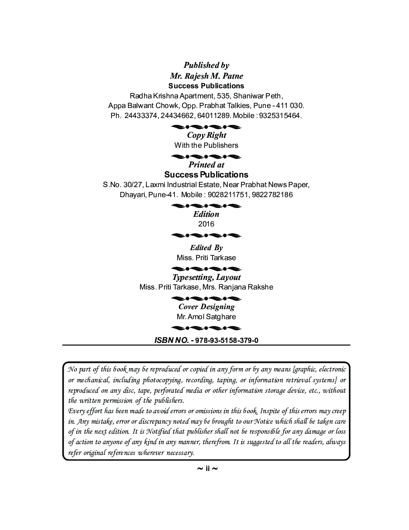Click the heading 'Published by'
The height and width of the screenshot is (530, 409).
(x=206, y=65)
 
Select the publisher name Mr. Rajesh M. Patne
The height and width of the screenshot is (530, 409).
(x=206, y=76)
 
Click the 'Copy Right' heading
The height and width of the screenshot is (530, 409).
(x=206, y=135)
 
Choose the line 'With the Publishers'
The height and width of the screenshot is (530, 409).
(x=206, y=145)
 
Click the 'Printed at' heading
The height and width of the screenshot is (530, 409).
(x=206, y=165)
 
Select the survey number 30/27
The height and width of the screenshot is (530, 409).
(x=131, y=185)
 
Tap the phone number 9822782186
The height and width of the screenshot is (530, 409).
(x=273, y=195)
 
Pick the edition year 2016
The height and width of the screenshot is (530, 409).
(x=206, y=224)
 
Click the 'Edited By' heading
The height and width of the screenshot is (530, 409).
(x=206, y=248)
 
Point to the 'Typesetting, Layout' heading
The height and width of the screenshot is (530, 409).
(x=206, y=277)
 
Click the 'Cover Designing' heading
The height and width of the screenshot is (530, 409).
(x=206, y=307)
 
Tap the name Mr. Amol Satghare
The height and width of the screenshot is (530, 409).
(x=206, y=317)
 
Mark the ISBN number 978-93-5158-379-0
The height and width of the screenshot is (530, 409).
(x=227, y=340)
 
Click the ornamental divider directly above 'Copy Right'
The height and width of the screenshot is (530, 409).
(x=206, y=127)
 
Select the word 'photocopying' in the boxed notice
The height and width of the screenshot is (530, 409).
(x=160, y=380)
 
